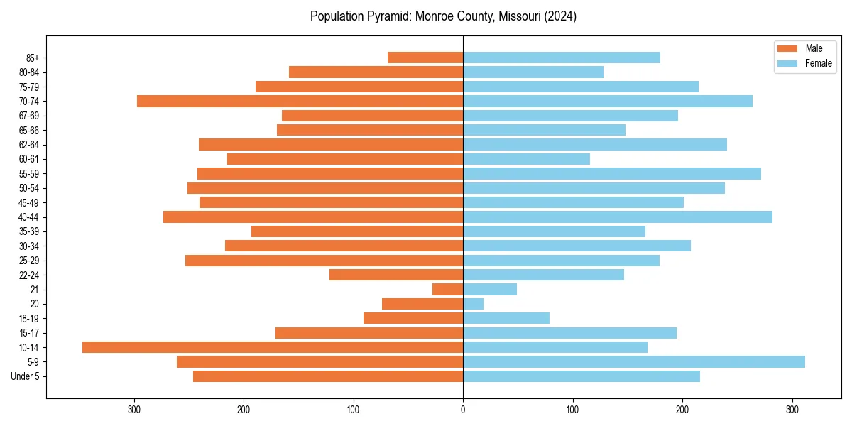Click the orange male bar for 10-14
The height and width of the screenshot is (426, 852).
click(273, 347)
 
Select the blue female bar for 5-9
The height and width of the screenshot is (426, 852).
click(634, 362)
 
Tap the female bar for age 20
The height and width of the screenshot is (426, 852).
click(474, 304)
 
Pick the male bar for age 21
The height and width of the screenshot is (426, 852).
click(448, 290)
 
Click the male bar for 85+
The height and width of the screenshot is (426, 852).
click(425, 58)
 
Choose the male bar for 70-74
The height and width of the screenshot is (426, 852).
click(300, 102)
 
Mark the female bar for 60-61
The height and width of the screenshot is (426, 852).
click(527, 159)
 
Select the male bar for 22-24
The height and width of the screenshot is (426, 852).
click(396, 275)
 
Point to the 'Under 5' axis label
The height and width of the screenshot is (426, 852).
click(26, 376)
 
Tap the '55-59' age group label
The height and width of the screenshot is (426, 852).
click(29, 174)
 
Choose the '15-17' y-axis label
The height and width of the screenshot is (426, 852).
click(29, 333)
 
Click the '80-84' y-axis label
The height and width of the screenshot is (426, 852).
click(29, 72)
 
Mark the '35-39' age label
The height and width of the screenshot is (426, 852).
click(29, 231)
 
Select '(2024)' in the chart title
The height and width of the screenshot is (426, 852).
click(558, 16)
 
